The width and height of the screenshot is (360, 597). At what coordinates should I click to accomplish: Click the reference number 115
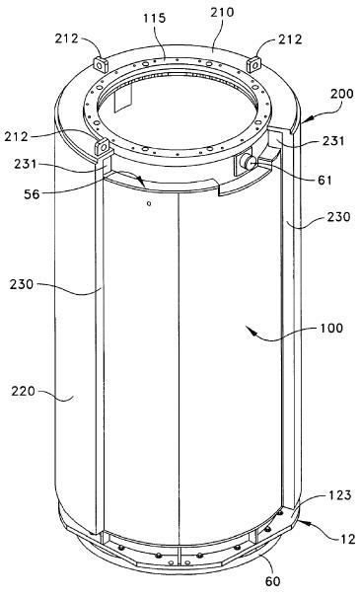pos(155,18)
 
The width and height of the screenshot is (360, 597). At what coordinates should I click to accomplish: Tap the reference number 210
pos(222,12)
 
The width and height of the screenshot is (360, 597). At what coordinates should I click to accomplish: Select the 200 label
pos(341,94)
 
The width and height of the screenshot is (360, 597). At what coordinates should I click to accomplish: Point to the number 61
pos(324,180)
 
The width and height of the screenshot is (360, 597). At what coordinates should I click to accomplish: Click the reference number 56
pos(32,194)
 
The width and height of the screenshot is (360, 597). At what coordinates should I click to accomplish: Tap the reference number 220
pos(23,391)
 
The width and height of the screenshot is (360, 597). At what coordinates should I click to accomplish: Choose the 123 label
pos(339,495)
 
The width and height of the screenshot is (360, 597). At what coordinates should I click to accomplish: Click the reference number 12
pos(347,539)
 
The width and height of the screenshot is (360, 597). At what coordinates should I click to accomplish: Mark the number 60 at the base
pos(272,581)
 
